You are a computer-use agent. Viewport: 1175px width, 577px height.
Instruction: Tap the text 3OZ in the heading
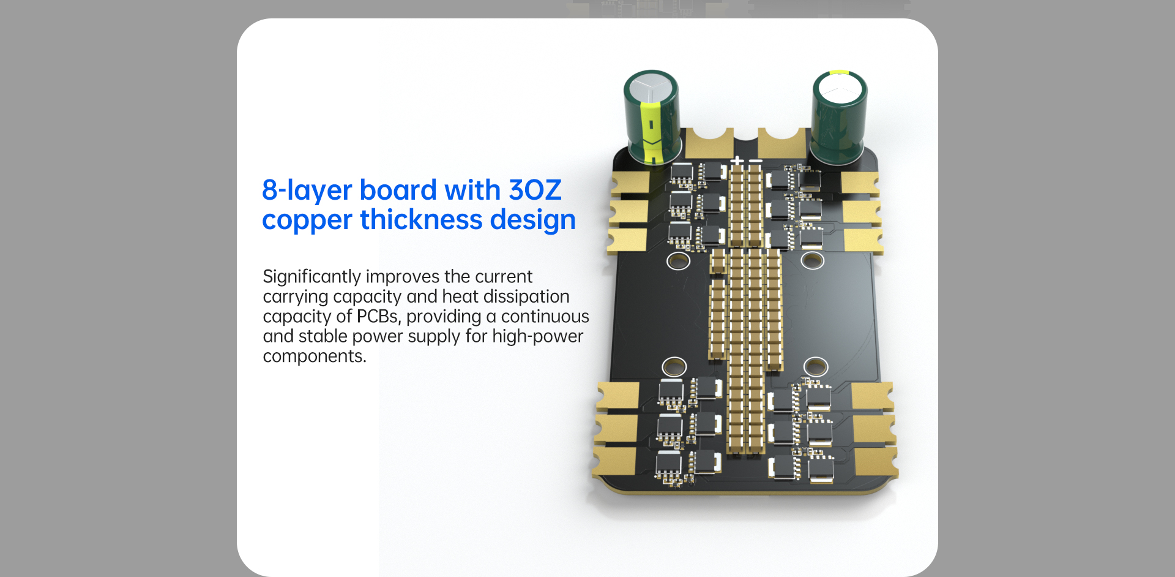coord(534,190)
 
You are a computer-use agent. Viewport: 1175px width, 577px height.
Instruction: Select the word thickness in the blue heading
coord(421,220)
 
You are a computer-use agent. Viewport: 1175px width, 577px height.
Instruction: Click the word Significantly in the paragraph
coord(311,277)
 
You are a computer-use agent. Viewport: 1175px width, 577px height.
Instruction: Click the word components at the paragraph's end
coord(314,356)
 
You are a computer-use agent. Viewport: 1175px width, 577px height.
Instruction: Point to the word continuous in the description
coord(545,316)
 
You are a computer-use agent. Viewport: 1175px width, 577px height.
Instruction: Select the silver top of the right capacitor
coord(839,89)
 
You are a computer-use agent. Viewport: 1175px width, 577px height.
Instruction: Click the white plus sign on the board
coord(737,161)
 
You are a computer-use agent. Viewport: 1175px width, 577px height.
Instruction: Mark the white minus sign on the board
coord(756,161)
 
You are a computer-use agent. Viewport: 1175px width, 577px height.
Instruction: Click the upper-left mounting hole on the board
coord(678,262)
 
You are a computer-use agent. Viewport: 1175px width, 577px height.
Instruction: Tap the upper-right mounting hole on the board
coord(812,260)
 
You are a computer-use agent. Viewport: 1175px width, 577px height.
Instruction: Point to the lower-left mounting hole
coord(674,367)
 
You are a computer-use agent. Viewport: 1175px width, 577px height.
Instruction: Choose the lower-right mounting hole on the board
coord(816,367)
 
